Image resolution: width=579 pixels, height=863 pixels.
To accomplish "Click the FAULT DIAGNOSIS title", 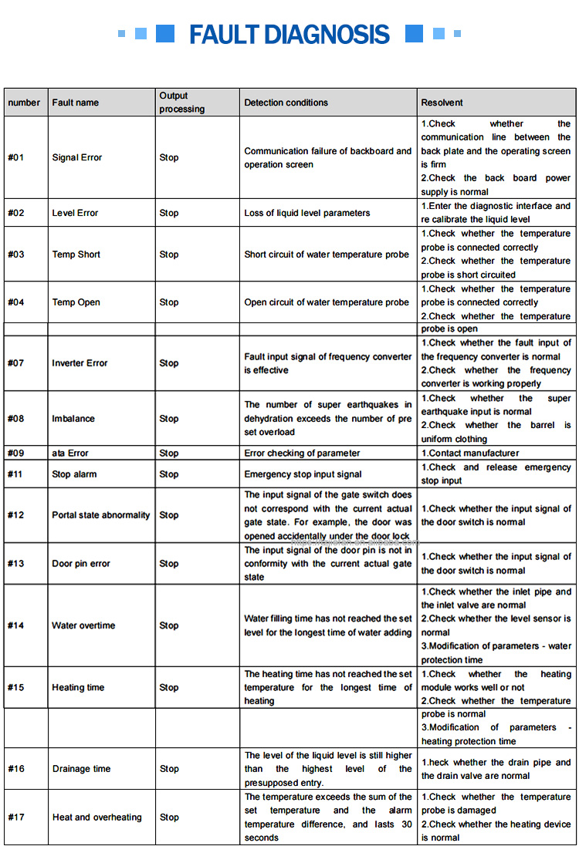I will coord(289,34).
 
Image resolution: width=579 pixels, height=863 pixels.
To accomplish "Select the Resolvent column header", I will coord(442,103).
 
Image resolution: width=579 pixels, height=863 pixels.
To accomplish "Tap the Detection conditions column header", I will coord(286,103).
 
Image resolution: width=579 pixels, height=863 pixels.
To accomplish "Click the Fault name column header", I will coord(76,103).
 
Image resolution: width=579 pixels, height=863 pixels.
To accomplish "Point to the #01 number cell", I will coord(16,157).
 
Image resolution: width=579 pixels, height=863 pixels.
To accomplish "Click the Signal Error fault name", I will coord(77,157).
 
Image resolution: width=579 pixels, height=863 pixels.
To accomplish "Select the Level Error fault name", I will coord(76,213).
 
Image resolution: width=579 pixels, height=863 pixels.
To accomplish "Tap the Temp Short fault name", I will coord(76,255).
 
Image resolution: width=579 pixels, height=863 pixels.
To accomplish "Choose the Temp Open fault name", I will coord(76,302).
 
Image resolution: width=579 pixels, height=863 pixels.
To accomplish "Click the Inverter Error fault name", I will coord(80,363).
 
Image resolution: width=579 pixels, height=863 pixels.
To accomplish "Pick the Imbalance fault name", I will coord(73,419).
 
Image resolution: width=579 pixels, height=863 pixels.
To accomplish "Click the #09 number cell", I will coord(16,453).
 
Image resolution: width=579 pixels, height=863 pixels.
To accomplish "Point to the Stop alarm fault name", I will coord(74,474).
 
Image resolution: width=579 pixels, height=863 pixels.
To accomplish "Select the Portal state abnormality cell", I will coord(101,515).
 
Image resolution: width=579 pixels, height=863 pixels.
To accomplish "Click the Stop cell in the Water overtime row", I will coord(169,625).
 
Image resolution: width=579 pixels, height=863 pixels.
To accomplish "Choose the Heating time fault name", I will coord(78,688).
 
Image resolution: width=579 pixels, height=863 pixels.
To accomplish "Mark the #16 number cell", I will coord(16,769).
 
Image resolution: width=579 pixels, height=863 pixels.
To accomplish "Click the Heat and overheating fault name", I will coord(97,817).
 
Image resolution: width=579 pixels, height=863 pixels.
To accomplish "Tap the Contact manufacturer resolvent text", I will coord(470,453).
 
